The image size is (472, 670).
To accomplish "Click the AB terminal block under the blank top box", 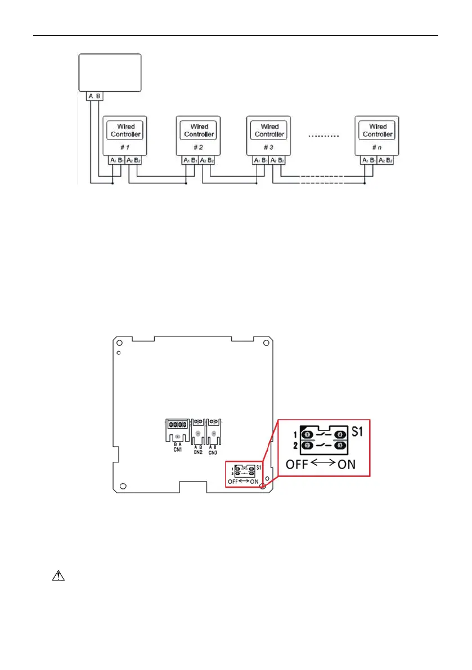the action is click(x=94, y=96).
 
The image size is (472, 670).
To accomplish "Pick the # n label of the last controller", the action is click(x=377, y=146).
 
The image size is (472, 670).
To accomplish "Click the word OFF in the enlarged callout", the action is click(x=299, y=465).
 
